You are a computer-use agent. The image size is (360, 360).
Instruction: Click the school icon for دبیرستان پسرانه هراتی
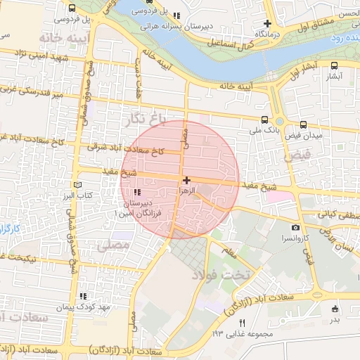click(x=176, y=15)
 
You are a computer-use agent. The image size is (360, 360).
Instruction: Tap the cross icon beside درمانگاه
click(x=267, y=23)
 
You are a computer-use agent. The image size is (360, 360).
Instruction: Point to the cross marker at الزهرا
click(x=186, y=181)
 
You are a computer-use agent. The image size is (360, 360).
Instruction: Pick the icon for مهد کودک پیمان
click(x=84, y=296)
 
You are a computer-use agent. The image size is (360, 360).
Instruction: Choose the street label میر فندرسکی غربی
click(x=32, y=92)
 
